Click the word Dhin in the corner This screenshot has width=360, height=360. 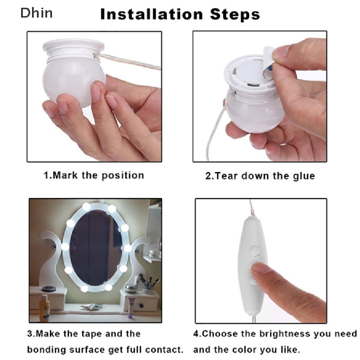(x=37, y=13)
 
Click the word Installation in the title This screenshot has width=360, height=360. (x=152, y=14)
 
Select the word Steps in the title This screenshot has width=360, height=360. (x=235, y=15)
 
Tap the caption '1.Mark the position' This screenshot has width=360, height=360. (x=94, y=175)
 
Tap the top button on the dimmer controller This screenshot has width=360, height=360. (x=255, y=250)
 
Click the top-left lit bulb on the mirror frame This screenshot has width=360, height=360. (x=86, y=207)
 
